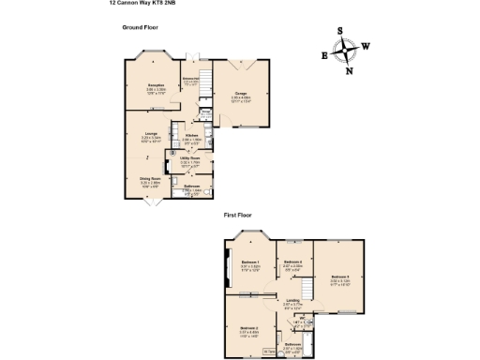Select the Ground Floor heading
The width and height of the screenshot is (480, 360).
coord(140,28)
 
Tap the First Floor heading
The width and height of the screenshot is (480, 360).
coord(240,215)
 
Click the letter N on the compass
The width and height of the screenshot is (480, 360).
coord(350,69)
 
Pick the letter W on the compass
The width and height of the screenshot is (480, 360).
coord(365,46)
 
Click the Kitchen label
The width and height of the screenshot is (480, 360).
coord(192,136)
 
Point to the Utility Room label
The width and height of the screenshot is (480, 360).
coord(190,159)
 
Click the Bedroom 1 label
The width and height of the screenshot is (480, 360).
coord(249,261)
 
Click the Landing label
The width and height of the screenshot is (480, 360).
coord(293,301)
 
